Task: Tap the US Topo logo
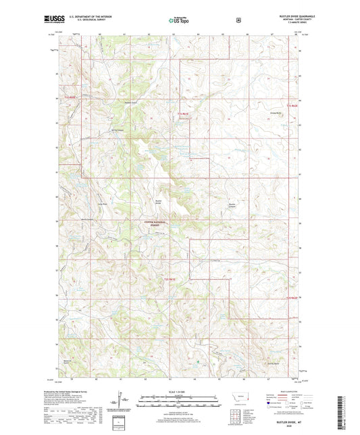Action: [x=180, y=20]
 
